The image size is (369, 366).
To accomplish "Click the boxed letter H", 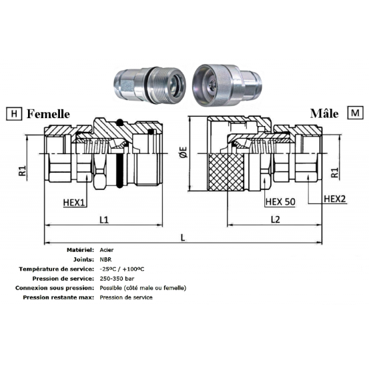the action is click(14, 113).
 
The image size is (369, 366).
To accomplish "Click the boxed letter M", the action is click(355, 113).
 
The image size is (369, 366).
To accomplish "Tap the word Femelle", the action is click(48, 114).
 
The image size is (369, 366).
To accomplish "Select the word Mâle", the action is click(324, 113).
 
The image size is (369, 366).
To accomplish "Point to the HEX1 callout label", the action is click(74, 203).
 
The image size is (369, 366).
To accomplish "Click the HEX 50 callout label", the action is click(280, 202).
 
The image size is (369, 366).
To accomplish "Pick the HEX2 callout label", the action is click(335, 199).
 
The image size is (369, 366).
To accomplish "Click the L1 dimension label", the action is click(104, 220).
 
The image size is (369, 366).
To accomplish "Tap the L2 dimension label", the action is click(276, 219).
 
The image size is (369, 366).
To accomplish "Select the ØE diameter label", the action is click(183, 152).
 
